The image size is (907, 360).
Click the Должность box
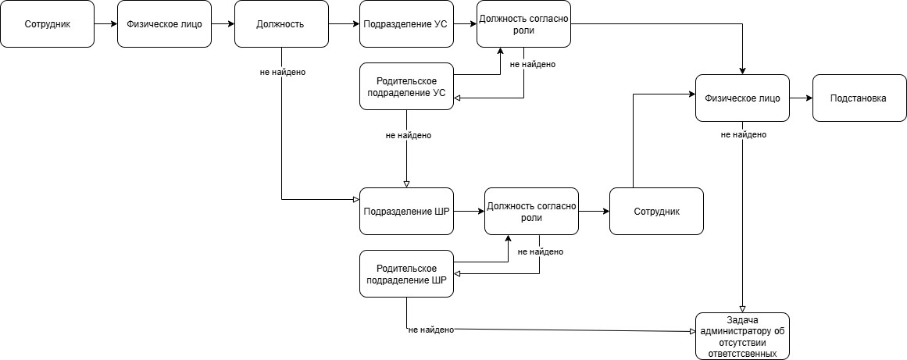281,24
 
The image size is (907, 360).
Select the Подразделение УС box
406,24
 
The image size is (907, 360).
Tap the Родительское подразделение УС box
406,86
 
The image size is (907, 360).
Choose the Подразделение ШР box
406,211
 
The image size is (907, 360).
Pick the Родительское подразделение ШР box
406,273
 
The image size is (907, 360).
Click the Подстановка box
859,98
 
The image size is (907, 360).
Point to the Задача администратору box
742,336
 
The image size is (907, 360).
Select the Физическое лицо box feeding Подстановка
742,98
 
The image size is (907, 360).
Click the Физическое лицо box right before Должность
164,24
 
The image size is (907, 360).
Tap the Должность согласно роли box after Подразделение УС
523,24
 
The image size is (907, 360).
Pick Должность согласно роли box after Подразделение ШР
531,211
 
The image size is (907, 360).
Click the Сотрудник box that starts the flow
47,24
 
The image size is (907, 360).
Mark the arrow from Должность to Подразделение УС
344,24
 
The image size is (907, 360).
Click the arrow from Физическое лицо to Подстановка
801,98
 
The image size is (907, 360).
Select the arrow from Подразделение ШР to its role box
469,211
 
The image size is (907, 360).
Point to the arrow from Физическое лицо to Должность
223,24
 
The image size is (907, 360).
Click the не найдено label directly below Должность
282,72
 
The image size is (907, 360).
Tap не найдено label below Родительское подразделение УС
408,135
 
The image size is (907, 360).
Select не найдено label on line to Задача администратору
430,330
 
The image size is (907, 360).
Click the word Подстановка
859,98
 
